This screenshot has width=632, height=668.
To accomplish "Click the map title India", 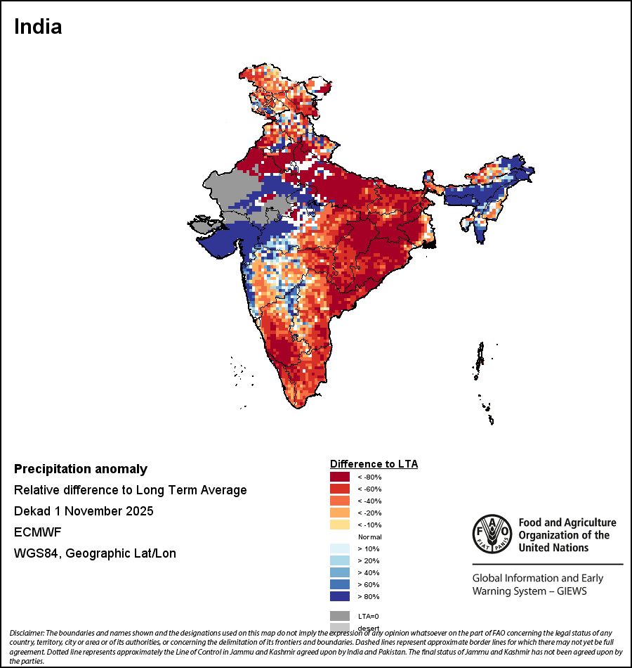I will coord(38,27).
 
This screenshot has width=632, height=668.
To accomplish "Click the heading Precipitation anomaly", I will coord(81,469).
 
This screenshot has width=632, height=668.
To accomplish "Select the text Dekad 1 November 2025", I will coord(84,511).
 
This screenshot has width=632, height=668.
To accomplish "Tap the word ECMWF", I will coord(38,532).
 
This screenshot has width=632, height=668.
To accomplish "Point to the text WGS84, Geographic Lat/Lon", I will coord(95,553).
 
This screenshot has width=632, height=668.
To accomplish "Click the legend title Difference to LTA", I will coord(374,464).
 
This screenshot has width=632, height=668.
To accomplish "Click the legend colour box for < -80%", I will coord(340,477).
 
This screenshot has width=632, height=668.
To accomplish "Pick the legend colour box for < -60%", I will coord(340,489).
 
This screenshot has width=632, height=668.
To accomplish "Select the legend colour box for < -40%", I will coord(340,501).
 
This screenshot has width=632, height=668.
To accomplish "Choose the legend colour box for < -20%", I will coord(340,513).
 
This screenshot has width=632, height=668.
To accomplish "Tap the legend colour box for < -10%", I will coord(340,525).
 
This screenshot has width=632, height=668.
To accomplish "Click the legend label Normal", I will coord(369,537).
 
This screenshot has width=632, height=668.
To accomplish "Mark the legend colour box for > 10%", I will coord(340,549).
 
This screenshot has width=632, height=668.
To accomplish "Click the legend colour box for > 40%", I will coord(340,573).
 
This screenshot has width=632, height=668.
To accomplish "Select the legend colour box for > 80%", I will coord(340,597).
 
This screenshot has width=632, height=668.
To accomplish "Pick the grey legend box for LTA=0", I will coord(340,616).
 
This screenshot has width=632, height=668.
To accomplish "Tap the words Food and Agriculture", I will coord(567,523).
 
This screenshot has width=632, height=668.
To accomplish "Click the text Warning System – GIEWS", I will coord(529,591).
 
